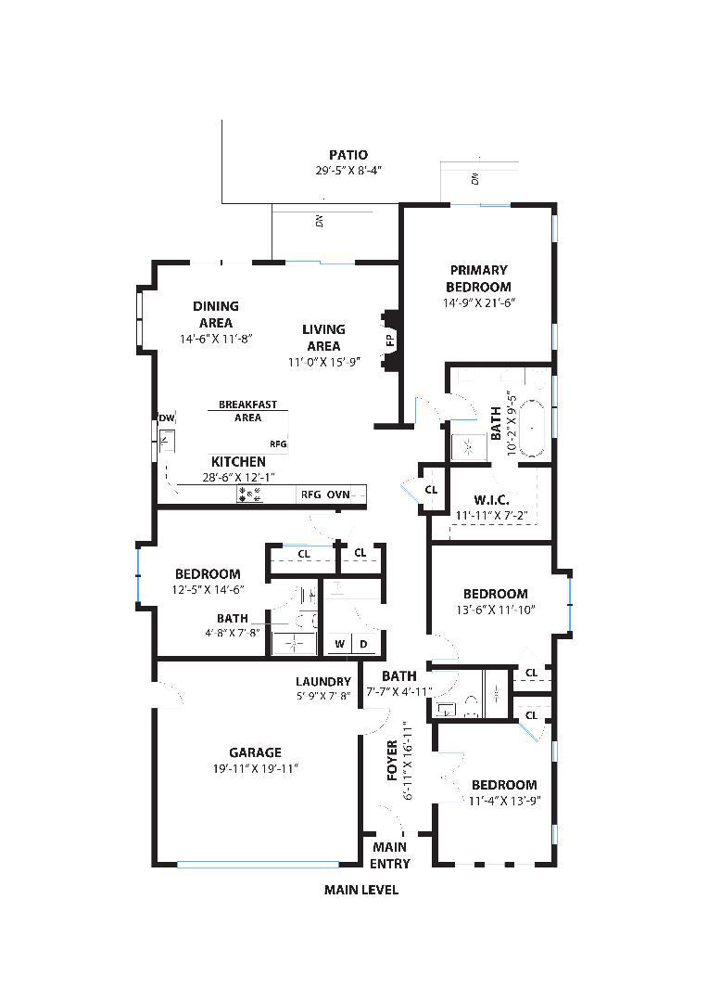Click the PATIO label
348,155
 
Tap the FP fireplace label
390,340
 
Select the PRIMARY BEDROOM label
478,278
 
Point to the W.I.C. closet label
491,500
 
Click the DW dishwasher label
167,418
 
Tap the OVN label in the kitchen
338,495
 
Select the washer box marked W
339,644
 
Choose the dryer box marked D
364,644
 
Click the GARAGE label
256,752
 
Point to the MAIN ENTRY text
389,855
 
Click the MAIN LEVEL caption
361,890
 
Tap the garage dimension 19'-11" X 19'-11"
256,769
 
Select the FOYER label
393,761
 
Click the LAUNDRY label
323,682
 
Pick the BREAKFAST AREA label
247,411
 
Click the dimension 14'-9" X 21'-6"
479,302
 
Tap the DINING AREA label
216,315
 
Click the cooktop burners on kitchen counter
249,494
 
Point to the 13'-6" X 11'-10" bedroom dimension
496,610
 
